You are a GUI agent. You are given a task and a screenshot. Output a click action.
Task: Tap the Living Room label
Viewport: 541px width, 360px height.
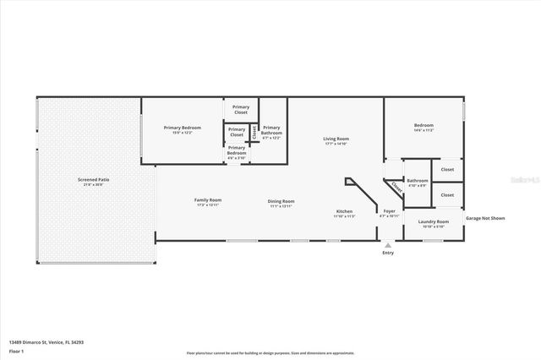[336, 139]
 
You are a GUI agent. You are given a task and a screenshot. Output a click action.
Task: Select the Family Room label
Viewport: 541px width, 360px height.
[208, 199]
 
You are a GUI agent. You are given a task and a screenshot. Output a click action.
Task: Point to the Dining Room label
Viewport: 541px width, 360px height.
[281, 201]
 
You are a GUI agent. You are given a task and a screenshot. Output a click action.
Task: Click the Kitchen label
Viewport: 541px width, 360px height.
[344, 211]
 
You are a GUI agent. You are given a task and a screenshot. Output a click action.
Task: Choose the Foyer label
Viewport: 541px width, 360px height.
[389, 211]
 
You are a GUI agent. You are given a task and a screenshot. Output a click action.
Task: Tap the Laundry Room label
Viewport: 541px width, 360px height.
[433, 221]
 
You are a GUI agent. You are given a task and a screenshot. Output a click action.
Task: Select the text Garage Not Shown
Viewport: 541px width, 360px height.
[487, 218]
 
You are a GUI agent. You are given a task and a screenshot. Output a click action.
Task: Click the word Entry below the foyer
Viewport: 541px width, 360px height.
[388, 252]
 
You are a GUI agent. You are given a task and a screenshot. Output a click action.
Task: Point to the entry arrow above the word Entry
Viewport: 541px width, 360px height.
[388, 244]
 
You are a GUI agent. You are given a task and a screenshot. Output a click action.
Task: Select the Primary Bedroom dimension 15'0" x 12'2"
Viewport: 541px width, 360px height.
[183, 133]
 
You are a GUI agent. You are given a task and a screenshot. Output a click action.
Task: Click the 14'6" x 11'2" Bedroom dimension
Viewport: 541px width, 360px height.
[424, 130]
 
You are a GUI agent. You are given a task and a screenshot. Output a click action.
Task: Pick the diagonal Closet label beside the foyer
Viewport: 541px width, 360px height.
[396, 189]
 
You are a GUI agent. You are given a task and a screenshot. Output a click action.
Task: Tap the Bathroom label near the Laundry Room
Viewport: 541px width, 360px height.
[417, 180]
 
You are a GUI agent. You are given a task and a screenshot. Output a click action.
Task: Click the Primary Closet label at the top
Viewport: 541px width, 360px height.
[241, 108]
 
